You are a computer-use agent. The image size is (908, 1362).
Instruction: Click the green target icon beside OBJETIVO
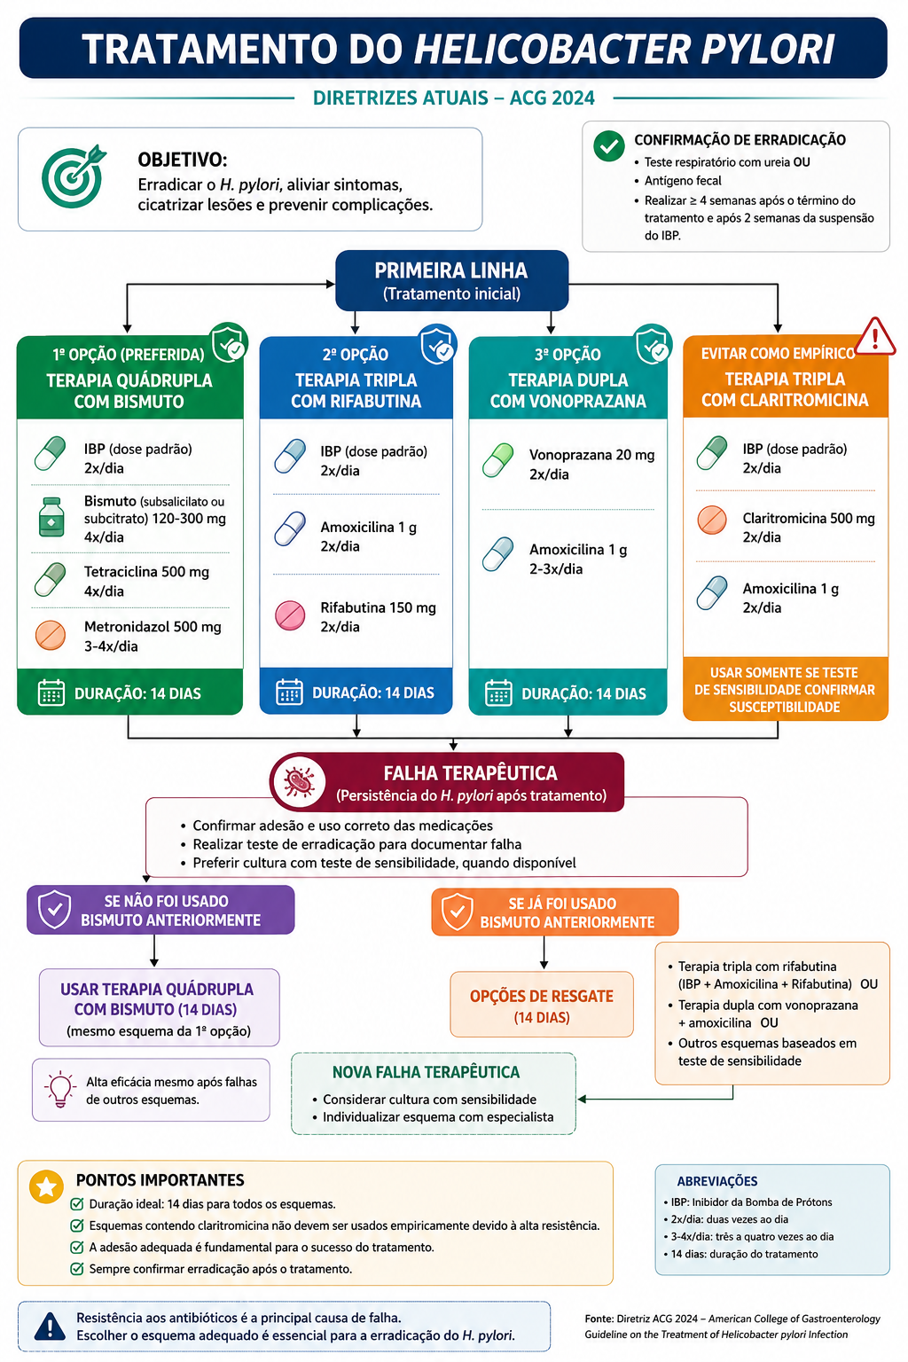pyautogui.click(x=73, y=176)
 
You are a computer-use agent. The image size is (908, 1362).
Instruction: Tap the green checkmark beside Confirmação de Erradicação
pyautogui.click(x=609, y=146)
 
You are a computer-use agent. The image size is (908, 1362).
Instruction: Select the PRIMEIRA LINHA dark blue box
pyautogui.click(x=452, y=280)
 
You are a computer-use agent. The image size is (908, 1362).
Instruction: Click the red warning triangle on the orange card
pyautogui.click(x=874, y=336)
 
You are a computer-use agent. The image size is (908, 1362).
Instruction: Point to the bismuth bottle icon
pyautogui.click(x=51, y=518)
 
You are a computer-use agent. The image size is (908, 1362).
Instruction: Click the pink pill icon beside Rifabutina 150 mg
pyautogui.click(x=290, y=615)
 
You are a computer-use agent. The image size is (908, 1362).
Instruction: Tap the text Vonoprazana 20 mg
pyautogui.click(x=591, y=455)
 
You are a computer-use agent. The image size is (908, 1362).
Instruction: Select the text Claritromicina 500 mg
pyautogui.click(x=809, y=518)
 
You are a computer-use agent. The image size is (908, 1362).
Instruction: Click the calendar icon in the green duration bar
pyautogui.click(x=51, y=693)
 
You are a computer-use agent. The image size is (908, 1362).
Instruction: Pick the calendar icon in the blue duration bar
pyautogui.click(x=289, y=692)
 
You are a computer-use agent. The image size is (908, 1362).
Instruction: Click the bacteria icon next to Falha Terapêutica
pyautogui.click(x=299, y=781)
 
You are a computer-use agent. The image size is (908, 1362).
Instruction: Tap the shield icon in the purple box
pyautogui.click(x=55, y=909)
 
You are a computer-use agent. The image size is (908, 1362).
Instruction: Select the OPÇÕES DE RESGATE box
pyautogui.click(x=541, y=1004)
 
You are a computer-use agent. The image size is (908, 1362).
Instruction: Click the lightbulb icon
pyautogui.click(x=60, y=1089)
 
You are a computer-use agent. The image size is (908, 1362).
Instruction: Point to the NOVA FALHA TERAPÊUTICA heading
pyautogui.click(x=426, y=1072)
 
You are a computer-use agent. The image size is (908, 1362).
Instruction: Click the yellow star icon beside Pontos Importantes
pyautogui.click(x=46, y=1186)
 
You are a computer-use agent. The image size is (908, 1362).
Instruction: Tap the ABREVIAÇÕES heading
pyautogui.click(x=717, y=1181)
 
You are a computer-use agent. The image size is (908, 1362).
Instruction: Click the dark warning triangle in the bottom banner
pyautogui.click(x=50, y=1326)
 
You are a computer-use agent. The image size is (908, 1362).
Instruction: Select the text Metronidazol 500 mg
pyautogui.click(x=153, y=626)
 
